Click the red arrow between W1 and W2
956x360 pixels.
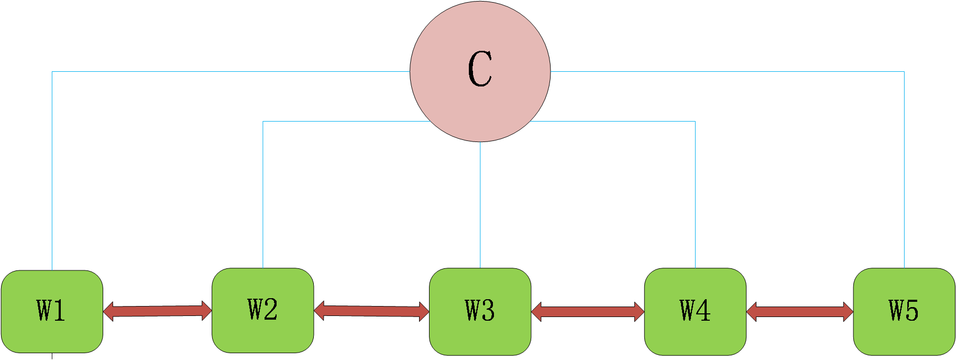click(157, 311)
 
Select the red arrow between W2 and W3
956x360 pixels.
click(371, 311)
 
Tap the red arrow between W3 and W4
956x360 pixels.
click(587, 312)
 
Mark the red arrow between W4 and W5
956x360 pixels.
click(799, 312)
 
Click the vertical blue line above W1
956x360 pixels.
click(52, 173)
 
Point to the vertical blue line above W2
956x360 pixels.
click(263, 194)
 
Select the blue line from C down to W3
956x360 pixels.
click(480, 204)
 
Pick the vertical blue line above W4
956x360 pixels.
click(695, 194)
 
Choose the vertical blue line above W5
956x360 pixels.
click(904, 173)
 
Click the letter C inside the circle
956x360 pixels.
click(480, 69)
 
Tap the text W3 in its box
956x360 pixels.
click(480, 310)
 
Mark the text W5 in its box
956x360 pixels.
click(904, 310)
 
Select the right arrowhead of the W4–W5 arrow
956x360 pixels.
click(848, 312)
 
